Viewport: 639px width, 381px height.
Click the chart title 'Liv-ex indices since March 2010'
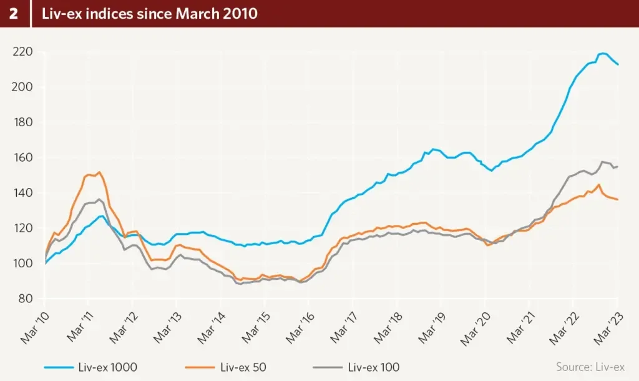coord(149,14)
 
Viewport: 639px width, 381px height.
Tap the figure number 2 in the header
coord(14,14)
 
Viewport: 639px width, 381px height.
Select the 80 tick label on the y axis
coord(25,299)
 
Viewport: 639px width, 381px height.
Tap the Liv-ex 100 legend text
coord(374,367)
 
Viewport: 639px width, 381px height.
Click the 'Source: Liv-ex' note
coord(590,367)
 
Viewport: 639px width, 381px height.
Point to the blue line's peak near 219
coord(602,54)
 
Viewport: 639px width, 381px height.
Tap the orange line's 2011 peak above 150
coord(99,172)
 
